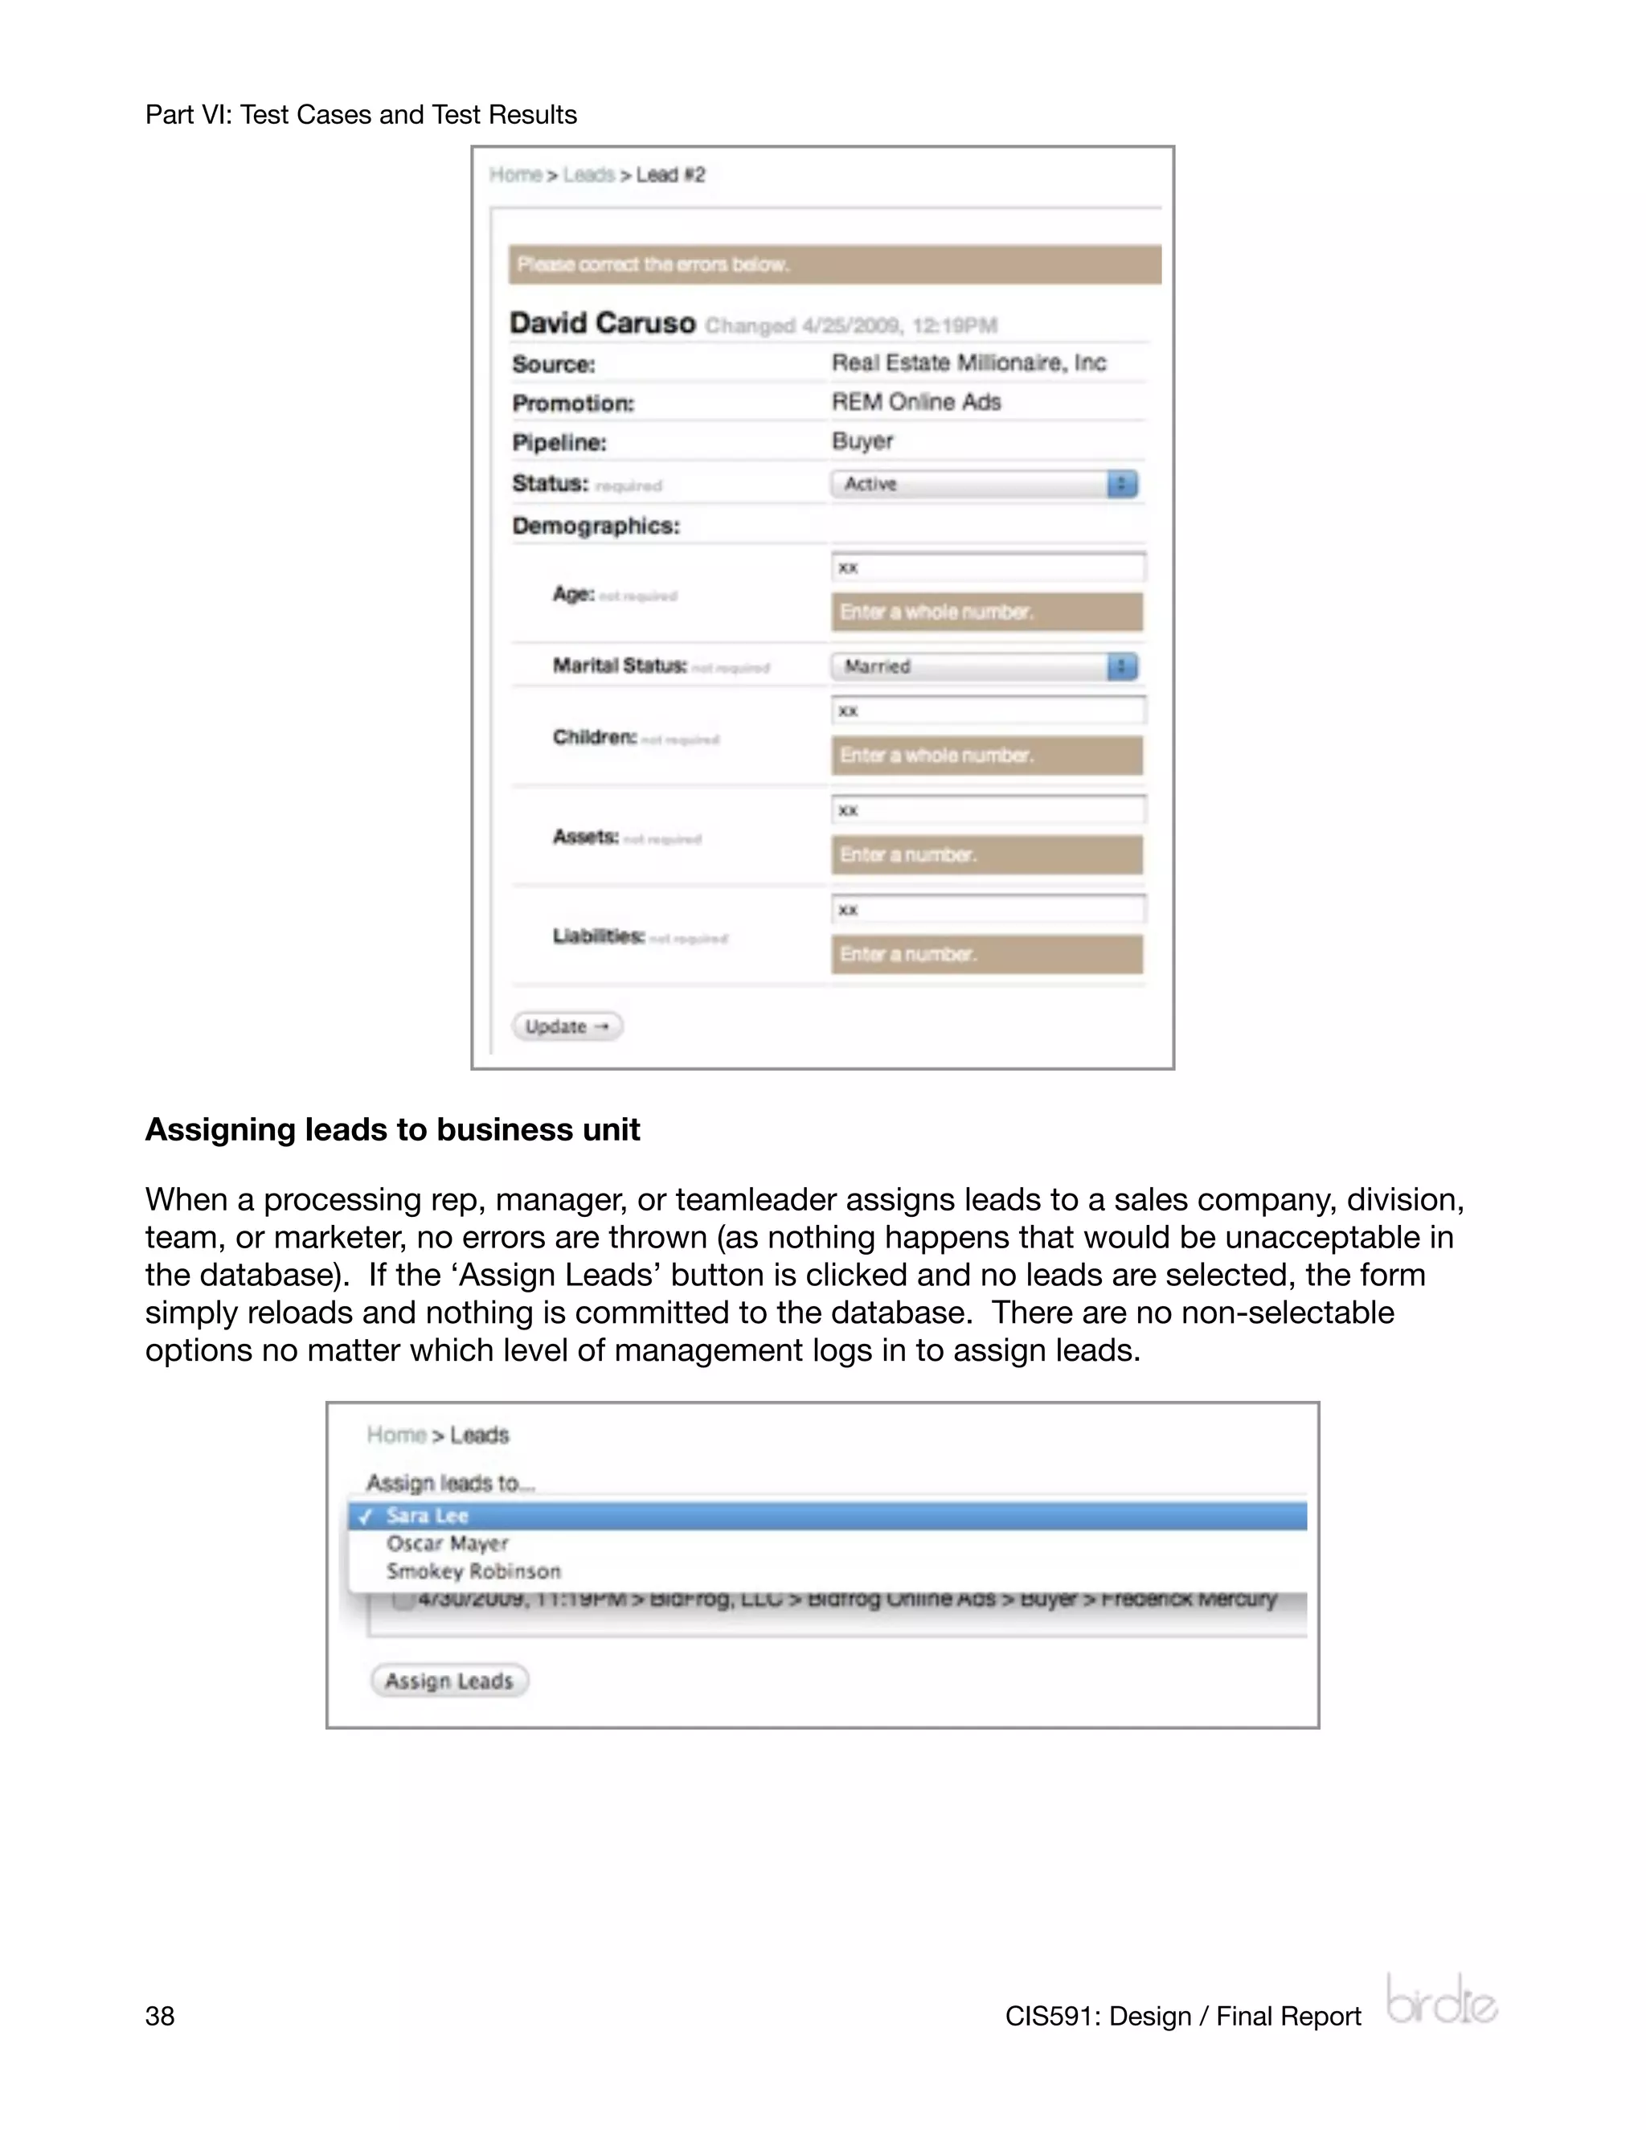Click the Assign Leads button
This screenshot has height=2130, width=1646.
[448, 1681]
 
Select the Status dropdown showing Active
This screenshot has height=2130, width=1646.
[984, 484]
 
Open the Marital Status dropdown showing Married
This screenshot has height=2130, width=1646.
[984, 666]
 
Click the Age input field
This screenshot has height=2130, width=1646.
[988, 567]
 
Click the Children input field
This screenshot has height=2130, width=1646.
[988, 710]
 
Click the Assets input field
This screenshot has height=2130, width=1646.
[988, 809]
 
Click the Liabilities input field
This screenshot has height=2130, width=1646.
[988, 909]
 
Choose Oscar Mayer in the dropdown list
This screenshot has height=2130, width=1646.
[448, 1543]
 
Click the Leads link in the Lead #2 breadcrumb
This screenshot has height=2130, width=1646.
[589, 174]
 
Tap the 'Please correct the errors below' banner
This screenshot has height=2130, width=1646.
[833, 264]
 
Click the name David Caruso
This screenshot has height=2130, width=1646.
[603, 323]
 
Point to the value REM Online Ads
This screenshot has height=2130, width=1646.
[915, 402]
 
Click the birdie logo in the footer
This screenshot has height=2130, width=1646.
[1441, 1999]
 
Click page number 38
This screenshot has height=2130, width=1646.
[160, 2016]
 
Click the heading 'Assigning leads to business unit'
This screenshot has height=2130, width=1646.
[392, 1129]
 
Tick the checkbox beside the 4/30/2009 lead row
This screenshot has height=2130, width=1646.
[403, 1600]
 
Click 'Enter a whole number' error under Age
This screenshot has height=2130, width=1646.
[986, 612]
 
